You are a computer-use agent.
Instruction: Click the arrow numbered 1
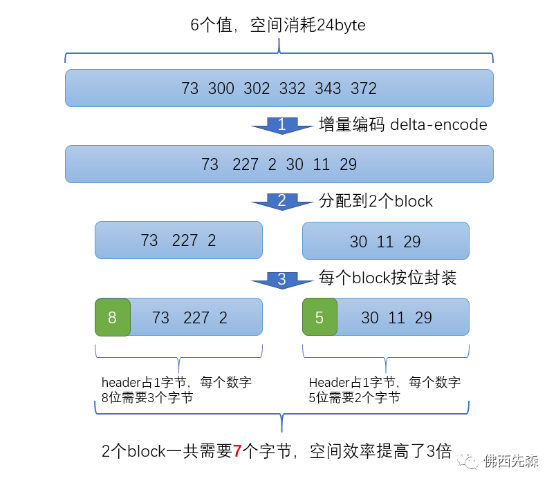coord(282,126)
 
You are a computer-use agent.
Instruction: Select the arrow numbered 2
coord(282,202)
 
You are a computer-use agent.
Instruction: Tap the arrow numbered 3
coord(282,280)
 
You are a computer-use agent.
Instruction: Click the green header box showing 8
coord(113,317)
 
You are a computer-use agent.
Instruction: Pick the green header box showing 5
coord(319,317)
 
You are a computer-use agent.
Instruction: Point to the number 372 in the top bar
coord(364,88)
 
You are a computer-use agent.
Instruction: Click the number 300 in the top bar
coord(221,88)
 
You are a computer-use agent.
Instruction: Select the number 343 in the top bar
coord(328,88)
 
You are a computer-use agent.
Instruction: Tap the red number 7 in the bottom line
coord(237,451)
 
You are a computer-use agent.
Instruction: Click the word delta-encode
coord(438,125)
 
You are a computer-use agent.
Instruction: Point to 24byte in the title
coord(341,26)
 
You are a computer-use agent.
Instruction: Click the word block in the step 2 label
coord(414,201)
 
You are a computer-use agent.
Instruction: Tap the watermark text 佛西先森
coord(511,461)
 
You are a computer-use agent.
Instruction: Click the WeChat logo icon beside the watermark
coord(467,461)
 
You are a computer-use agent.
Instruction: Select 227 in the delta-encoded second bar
coord(245,164)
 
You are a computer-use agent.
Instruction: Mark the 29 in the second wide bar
coord(349,164)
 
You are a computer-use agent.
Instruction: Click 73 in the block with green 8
coord(160,318)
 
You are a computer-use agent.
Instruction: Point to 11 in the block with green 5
coord(397,318)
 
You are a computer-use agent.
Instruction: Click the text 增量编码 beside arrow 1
coord(352,124)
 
